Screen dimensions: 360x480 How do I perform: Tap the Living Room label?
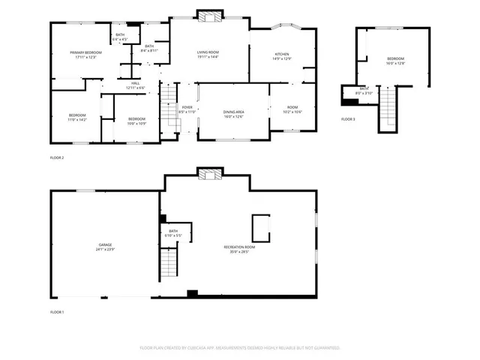pyautogui.click(x=208, y=54)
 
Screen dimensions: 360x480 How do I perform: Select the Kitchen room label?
pyautogui.click(x=282, y=56)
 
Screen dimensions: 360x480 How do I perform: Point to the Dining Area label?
pyautogui.click(x=234, y=114)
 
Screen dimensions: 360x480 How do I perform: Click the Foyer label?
pyautogui.click(x=187, y=109)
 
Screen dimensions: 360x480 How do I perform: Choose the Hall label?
pyautogui.click(x=136, y=85)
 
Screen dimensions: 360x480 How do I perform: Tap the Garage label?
pyautogui.click(x=105, y=247)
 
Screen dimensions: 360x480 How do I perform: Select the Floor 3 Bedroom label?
pyautogui.click(x=395, y=61)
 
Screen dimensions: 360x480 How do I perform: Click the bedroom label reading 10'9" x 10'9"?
pyautogui.click(x=136, y=121)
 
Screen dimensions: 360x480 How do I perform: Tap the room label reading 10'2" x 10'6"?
pyautogui.click(x=292, y=109)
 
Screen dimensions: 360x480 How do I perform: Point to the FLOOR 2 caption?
pyautogui.click(x=57, y=157)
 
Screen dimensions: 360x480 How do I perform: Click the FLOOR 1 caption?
pyautogui.click(x=57, y=311)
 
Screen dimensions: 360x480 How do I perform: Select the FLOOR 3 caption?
pyautogui.click(x=348, y=119)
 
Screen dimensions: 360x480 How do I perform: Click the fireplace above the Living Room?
pyautogui.click(x=208, y=14)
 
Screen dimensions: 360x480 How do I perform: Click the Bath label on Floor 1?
pyautogui.click(x=173, y=233)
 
